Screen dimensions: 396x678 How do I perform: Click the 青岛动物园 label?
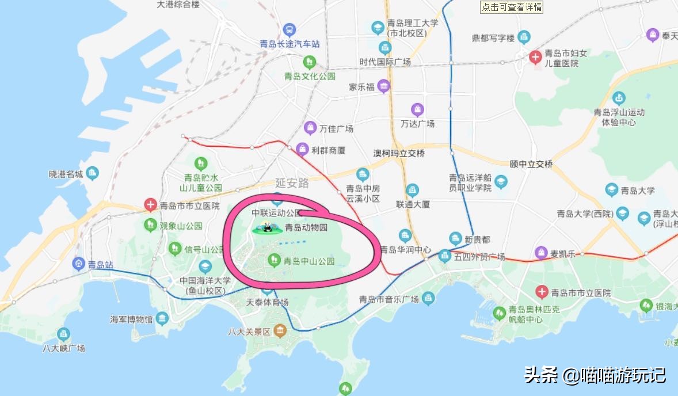(x=306, y=227)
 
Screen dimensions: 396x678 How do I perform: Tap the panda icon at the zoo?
(x=266, y=227)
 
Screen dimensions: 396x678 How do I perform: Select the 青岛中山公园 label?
(x=309, y=261)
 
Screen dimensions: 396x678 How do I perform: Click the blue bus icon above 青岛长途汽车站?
(x=290, y=29)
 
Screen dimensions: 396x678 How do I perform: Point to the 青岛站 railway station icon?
(x=78, y=264)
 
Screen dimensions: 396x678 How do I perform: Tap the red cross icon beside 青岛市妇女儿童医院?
(x=535, y=57)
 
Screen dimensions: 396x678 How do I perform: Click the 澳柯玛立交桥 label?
(x=399, y=153)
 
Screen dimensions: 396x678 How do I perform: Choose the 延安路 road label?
(x=292, y=183)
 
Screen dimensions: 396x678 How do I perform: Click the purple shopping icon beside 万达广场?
(x=418, y=109)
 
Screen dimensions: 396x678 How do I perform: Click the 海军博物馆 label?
(x=132, y=319)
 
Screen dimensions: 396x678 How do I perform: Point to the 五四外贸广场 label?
(x=479, y=256)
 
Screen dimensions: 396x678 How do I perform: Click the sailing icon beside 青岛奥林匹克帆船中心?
(x=499, y=314)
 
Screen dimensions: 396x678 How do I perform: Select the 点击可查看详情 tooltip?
(x=512, y=7)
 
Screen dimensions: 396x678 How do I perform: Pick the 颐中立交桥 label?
(x=531, y=164)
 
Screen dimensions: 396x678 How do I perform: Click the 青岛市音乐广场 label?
(x=388, y=299)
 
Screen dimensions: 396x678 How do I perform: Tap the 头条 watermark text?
(x=541, y=375)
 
